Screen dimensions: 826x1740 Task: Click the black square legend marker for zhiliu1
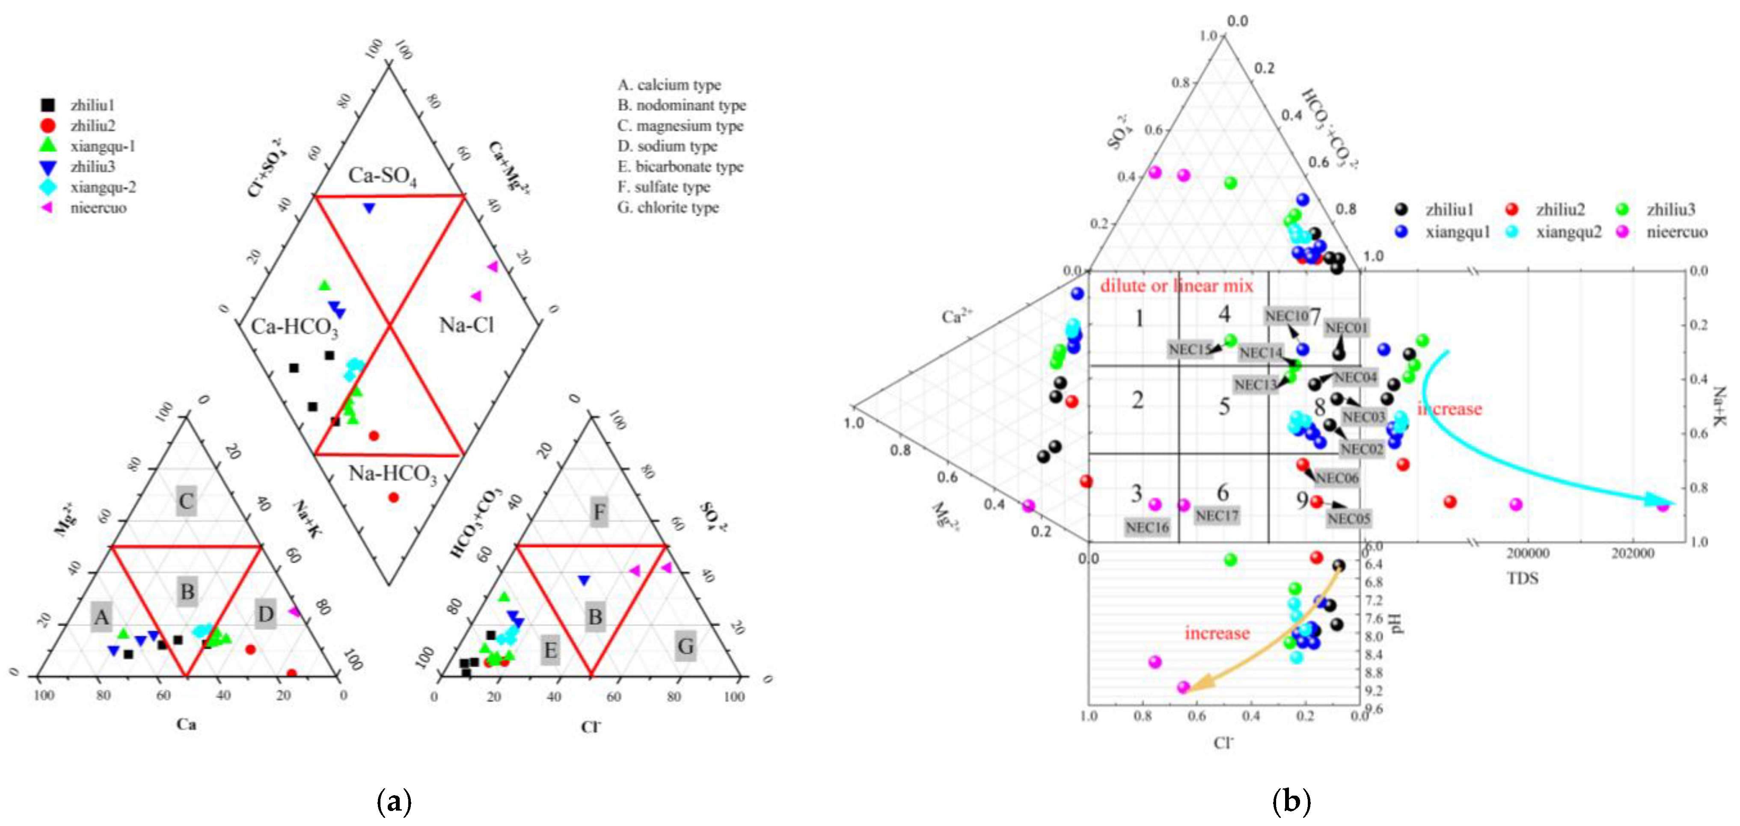(x=48, y=105)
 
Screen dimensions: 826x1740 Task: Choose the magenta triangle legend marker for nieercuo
(x=48, y=208)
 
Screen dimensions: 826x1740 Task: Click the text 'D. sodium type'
(x=667, y=146)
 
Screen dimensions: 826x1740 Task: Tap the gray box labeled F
(x=598, y=512)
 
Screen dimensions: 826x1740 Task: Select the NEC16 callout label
(x=1147, y=527)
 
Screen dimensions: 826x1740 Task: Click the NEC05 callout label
(x=1348, y=519)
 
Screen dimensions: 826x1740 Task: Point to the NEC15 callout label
(x=1190, y=349)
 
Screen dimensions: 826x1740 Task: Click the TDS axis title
(x=1522, y=578)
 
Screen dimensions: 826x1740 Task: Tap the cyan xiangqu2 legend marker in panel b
(x=1512, y=232)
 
